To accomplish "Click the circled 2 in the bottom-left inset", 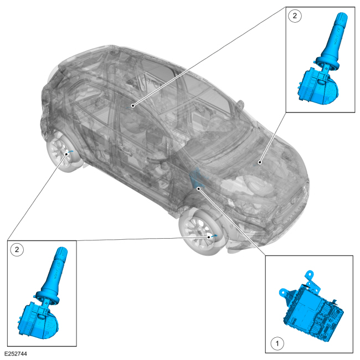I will tap(18, 250).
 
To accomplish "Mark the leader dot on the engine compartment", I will tap(260, 162).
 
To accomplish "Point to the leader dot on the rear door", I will tap(132, 105).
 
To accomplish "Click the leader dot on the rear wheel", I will tap(66, 153).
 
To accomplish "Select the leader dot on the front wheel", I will tap(209, 236).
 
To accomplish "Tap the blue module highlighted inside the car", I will tap(195, 178).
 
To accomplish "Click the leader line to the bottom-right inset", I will tap(233, 222).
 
